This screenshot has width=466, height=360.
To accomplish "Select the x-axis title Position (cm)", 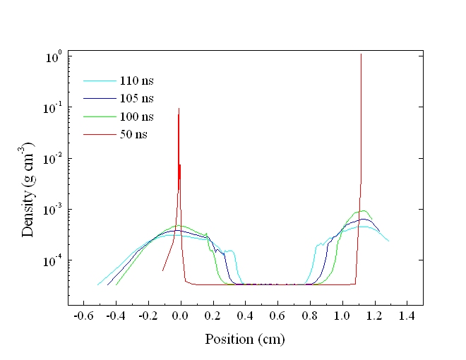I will (245, 339).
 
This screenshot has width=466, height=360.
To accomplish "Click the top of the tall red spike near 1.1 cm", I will (361, 54).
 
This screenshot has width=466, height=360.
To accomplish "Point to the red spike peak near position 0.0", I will (179, 109).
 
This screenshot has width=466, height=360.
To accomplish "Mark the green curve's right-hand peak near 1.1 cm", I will (364, 210).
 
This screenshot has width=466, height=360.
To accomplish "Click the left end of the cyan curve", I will (97, 284).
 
